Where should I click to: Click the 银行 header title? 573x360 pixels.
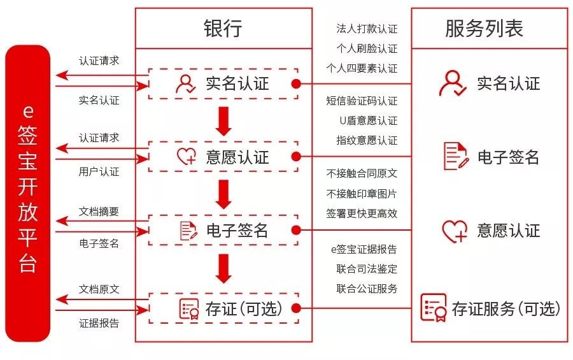click(x=223, y=28)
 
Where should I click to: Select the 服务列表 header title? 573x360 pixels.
click(x=485, y=28)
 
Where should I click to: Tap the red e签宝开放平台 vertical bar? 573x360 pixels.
click(x=28, y=193)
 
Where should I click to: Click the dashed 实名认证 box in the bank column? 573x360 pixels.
click(x=223, y=83)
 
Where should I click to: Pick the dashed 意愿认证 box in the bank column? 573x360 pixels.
click(x=223, y=157)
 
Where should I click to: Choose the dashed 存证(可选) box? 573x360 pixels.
click(x=223, y=308)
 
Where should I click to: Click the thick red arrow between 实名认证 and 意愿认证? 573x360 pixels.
click(x=223, y=121)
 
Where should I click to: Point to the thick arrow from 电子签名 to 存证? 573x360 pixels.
click(x=223, y=268)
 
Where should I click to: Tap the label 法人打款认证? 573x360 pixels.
click(x=367, y=29)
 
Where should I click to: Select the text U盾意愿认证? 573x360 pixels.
click(x=369, y=120)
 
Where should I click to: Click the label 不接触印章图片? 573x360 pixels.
click(x=362, y=194)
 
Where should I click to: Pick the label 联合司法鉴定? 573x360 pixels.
click(x=367, y=269)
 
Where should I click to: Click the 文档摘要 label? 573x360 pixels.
click(x=99, y=212)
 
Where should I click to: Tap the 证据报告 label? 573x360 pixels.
click(x=99, y=323)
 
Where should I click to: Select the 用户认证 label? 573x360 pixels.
click(x=99, y=171)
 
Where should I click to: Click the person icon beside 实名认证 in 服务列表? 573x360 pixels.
click(x=453, y=83)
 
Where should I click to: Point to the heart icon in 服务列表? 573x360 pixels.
click(x=455, y=231)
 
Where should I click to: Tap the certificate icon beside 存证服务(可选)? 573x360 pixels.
click(x=434, y=307)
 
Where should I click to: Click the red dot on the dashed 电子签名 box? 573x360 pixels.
click(x=296, y=230)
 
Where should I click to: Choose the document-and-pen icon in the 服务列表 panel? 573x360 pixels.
click(x=456, y=156)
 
